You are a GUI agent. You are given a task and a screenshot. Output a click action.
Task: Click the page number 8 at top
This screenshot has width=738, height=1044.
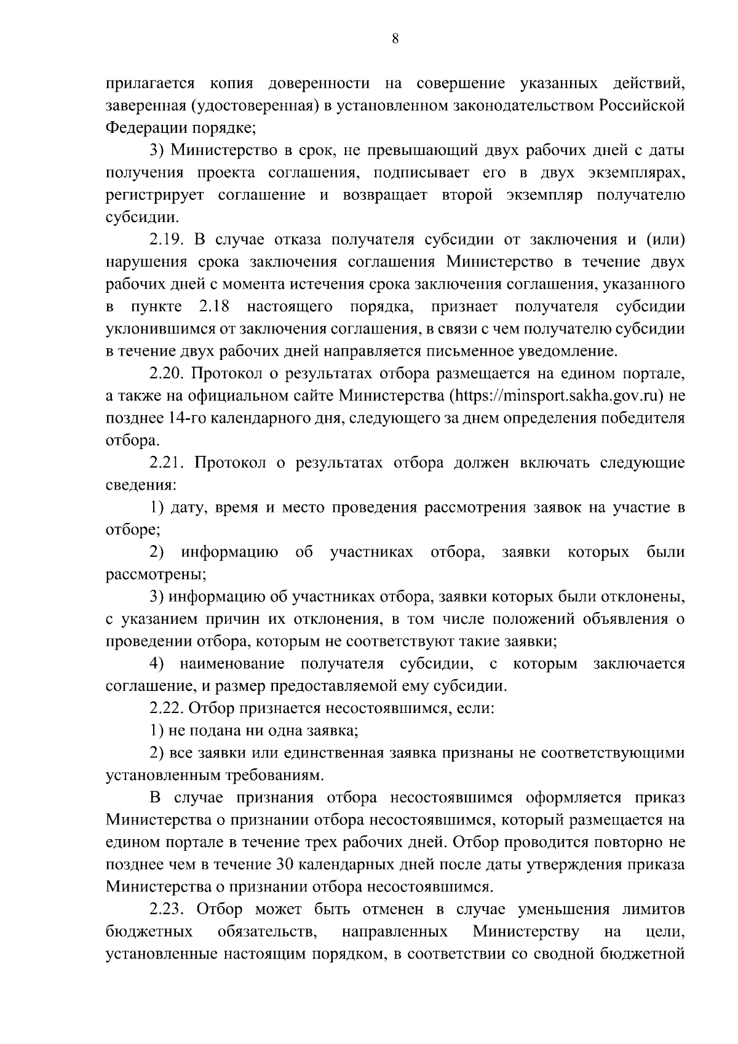395,39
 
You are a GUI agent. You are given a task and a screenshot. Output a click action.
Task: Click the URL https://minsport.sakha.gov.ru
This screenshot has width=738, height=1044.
558,396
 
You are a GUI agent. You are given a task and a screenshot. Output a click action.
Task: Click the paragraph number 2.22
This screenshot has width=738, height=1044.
166,709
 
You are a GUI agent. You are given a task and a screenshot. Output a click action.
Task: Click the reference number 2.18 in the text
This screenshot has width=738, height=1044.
214,306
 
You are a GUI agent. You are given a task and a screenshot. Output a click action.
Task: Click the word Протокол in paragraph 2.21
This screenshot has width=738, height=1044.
228,463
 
